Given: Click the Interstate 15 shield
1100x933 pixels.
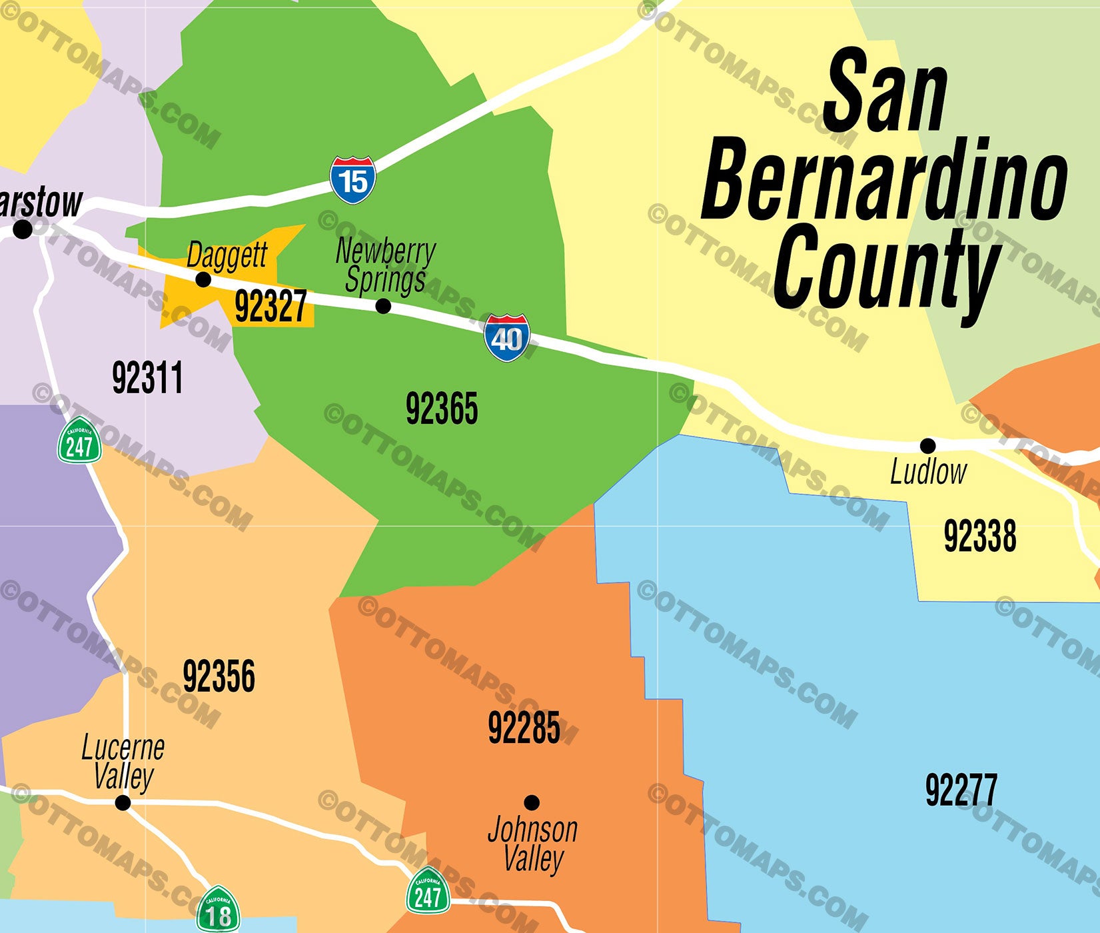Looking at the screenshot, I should [352, 180].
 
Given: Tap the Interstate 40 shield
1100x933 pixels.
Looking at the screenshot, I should [507, 338].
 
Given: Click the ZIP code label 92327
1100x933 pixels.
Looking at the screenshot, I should [271, 307].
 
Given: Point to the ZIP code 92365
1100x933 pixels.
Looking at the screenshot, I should [442, 409].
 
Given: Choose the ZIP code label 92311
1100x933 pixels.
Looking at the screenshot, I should [147, 378].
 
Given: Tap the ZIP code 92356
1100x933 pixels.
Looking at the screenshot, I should [219, 676].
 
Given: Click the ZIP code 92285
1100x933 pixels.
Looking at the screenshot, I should [524, 728].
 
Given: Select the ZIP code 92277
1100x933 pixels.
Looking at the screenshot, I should [961, 790].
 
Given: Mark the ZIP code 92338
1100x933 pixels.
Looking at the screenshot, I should [979, 536].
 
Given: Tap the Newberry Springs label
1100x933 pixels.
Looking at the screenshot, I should [385, 266].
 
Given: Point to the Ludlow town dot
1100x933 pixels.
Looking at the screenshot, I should [927, 445].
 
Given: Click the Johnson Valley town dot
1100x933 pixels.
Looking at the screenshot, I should [531, 802].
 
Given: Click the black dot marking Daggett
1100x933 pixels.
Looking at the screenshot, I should [203, 279].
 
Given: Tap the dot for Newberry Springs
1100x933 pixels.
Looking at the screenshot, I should [383, 306].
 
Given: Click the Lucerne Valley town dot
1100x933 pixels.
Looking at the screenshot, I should [123, 802].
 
